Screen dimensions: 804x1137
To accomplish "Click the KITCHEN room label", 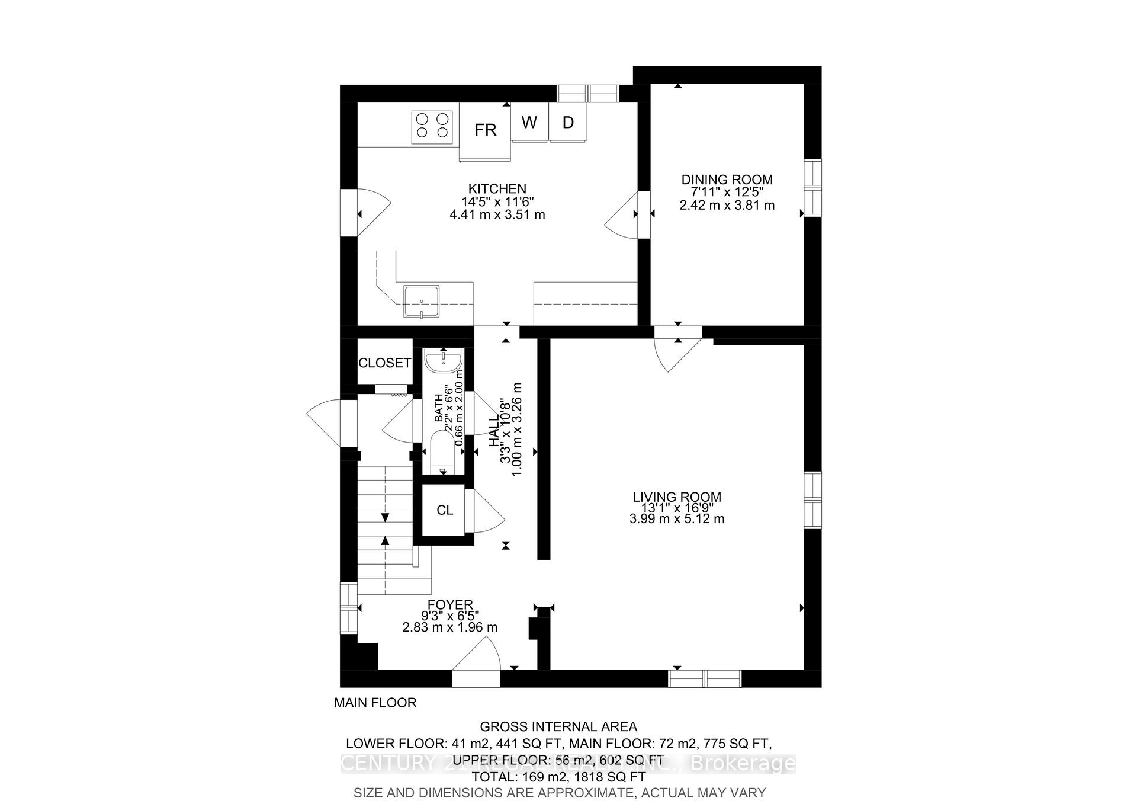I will click(x=497, y=189).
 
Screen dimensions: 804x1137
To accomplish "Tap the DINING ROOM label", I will click(x=727, y=180).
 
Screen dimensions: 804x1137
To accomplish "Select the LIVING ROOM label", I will click(x=677, y=497).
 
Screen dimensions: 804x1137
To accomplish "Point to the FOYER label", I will click(x=451, y=605).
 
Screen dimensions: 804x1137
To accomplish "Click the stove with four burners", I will click(x=432, y=126).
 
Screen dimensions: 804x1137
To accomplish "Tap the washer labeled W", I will click(x=529, y=123).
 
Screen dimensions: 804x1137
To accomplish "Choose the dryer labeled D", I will click(x=568, y=123).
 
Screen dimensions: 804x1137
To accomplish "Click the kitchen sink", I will click(x=422, y=302).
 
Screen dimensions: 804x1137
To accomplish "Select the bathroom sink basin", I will click(x=444, y=360).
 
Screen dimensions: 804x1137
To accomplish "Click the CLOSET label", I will click(x=384, y=363).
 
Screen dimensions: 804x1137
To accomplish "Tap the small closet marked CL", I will click(x=444, y=510).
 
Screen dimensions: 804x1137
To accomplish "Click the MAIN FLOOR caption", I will click(x=375, y=703).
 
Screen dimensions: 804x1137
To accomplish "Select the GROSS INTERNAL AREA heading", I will click(x=558, y=726).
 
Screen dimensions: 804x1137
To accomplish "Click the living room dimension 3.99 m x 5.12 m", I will click(x=677, y=519).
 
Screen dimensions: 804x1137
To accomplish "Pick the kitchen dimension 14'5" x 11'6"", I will click(x=497, y=202).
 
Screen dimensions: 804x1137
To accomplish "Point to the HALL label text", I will click(x=493, y=431).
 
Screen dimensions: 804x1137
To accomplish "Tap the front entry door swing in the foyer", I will click(x=477, y=655).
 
